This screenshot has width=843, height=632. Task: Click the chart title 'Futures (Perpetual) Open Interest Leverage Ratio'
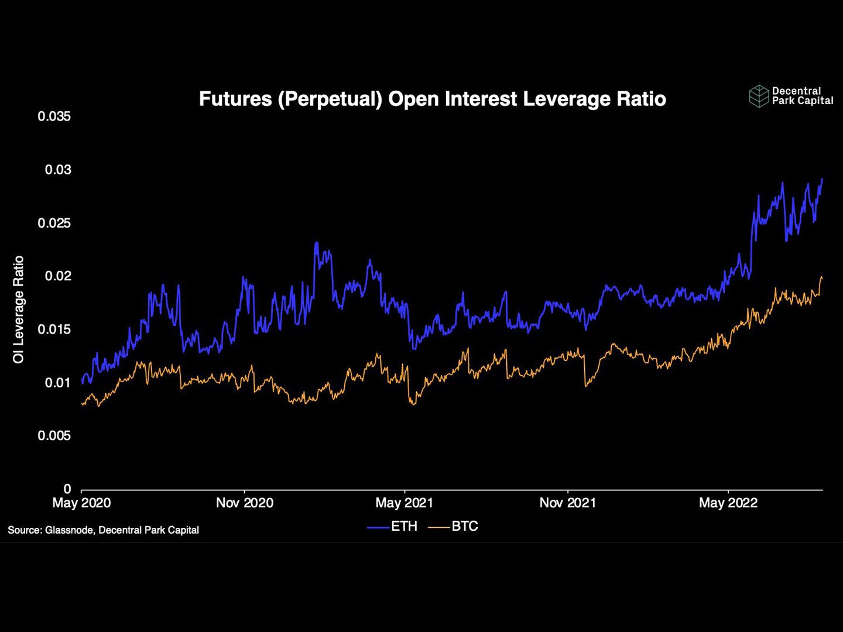[432, 99]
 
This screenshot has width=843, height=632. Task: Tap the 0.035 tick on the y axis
[54, 116]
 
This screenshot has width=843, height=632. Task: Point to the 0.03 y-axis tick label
[57, 170]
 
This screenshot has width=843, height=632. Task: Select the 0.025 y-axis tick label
[54, 223]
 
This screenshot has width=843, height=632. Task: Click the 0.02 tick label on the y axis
[57, 276]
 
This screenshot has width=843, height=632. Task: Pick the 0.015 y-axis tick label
[54, 329]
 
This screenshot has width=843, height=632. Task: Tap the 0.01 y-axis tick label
[57, 383]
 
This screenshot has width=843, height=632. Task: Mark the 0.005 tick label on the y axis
[54, 436]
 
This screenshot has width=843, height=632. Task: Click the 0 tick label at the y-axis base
[67, 489]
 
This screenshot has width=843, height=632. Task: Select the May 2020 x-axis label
[81, 503]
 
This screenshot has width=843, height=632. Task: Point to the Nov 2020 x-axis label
[244, 503]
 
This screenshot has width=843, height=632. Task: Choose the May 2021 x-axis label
[405, 503]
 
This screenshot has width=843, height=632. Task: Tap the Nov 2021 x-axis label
[567, 503]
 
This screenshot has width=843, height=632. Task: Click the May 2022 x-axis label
[728, 503]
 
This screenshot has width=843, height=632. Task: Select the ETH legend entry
[393, 526]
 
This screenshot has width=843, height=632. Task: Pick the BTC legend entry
[454, 526]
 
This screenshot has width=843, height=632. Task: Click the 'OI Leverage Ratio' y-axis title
[19, 310]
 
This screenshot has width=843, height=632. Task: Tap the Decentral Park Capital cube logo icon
[759, 96]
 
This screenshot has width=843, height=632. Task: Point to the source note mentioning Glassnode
[103, 530]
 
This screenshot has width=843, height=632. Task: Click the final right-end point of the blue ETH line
[822, 179]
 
